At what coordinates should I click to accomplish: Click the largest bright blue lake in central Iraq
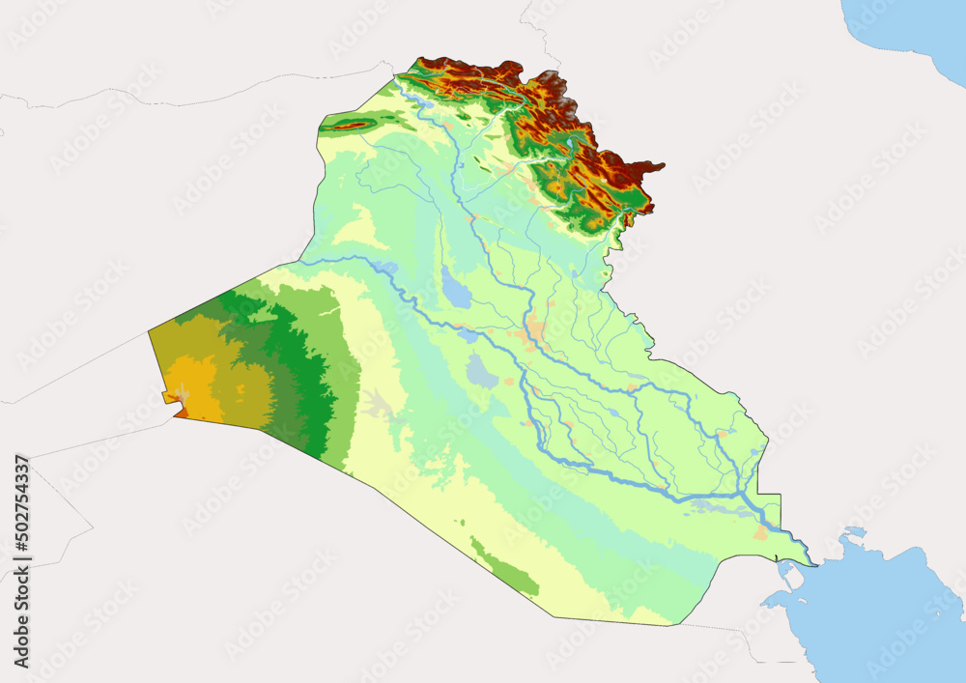coord(455,289)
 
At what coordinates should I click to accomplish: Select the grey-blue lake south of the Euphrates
coord(481,370)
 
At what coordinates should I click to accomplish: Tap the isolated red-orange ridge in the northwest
coord(350,125)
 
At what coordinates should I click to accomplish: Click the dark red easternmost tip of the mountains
coord(657,166)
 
